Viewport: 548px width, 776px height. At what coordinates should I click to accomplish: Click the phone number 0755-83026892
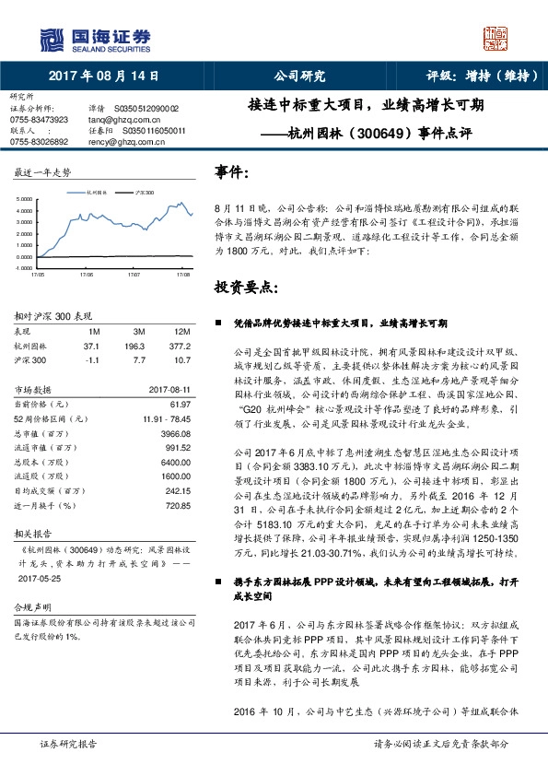pos(39,141)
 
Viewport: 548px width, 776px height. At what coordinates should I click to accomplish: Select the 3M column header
pos(140,330)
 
